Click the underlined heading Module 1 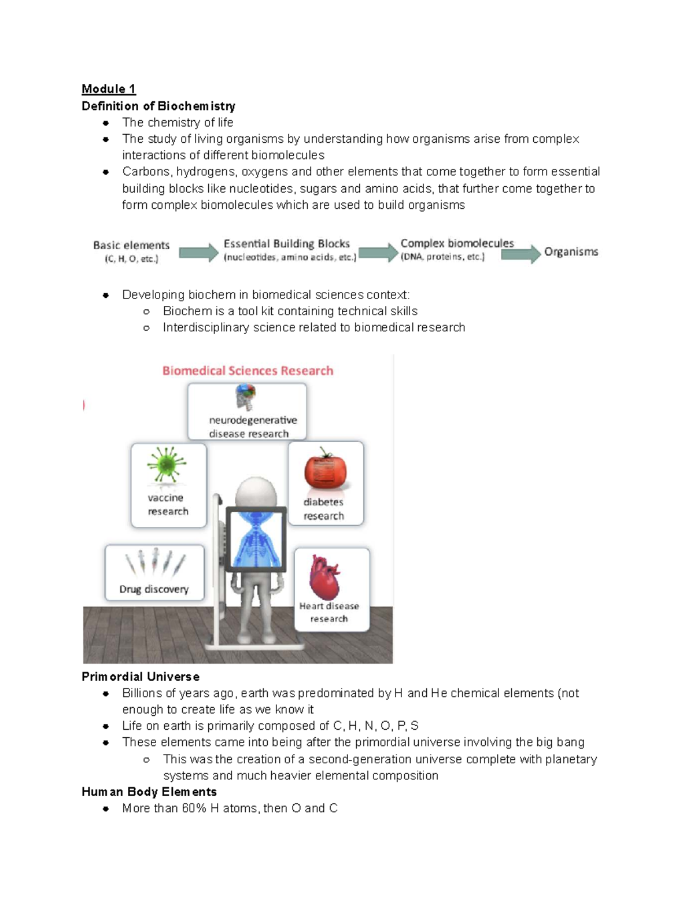109,89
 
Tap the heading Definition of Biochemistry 158,106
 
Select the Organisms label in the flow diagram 571,252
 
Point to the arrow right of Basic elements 198,253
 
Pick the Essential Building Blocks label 287,244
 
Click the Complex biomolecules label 457,243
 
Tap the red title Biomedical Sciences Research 248,371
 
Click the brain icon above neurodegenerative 245,397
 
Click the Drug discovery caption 154,589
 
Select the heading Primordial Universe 141,677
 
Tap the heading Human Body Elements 149,792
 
